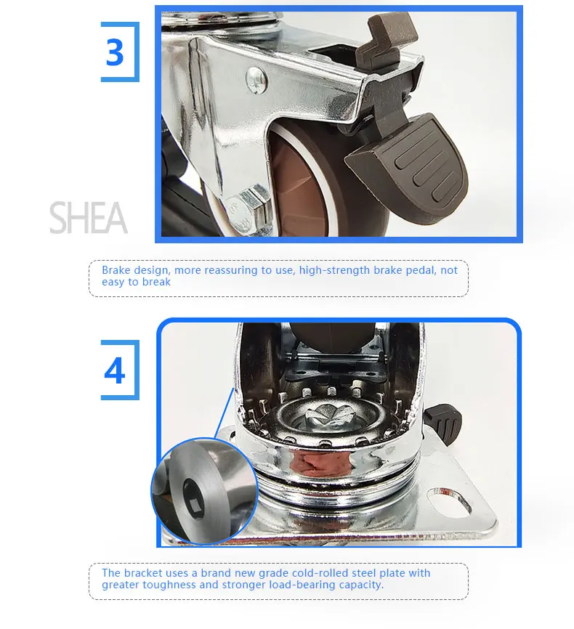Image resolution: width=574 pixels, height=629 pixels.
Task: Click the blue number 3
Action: pyautogui.click(x=114, y=52)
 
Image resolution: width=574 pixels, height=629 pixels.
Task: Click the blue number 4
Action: pyautogui.click(x=114, y=370)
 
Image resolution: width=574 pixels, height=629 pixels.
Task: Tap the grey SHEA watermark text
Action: pyautogui.click(x=89, y=217)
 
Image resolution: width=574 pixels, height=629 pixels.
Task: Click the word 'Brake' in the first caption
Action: pyautogui.click(x=116, y=270)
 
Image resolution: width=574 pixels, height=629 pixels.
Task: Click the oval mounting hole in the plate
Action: pyautogui.click(x=450, y=500)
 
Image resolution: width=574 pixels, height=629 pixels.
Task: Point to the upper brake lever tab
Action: pyautogui.click(x=385, y=34)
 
